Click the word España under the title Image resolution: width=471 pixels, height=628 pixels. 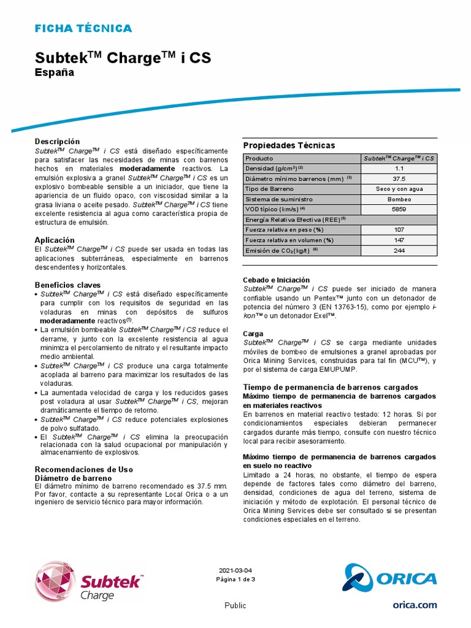(54, 72)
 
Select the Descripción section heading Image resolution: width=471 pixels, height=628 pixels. (58, 141)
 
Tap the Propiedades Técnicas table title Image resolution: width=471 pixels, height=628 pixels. (289, 145)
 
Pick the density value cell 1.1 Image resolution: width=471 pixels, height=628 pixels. (399, 168)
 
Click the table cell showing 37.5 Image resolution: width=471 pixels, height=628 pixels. (399, 178)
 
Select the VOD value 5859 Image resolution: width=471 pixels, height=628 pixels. (399, 209)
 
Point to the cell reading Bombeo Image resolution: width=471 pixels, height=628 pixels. (399, 199)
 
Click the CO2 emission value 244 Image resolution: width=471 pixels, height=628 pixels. (399, 250)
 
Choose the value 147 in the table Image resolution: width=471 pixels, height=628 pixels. (399, 240)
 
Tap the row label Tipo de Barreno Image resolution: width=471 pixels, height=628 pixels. (270, 189)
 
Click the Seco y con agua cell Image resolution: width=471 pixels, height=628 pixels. (399, 189)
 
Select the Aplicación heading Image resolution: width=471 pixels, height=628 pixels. (55, 240)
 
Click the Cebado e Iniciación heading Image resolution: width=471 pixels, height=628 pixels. (277, 280)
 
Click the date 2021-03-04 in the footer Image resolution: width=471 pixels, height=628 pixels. (235, 570)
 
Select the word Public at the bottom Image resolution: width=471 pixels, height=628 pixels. (235, 605)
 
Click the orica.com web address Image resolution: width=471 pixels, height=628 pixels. (415, 605)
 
